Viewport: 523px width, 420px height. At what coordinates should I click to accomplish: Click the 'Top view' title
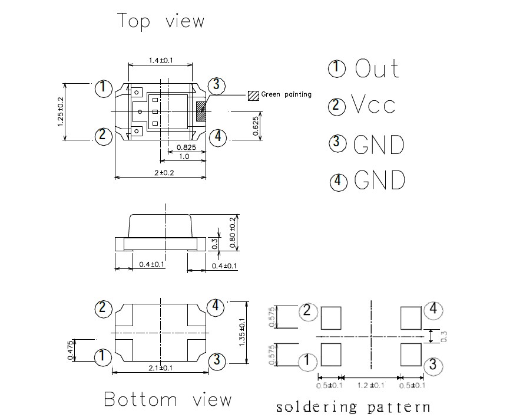pos(161,21)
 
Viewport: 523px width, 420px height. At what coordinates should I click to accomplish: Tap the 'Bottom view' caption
pos(168,399)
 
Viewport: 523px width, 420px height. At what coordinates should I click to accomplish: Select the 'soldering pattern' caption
pos(353,406)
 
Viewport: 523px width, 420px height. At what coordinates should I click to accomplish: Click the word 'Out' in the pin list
pos(377,69)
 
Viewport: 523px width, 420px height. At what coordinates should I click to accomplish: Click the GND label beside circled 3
pos(379,144)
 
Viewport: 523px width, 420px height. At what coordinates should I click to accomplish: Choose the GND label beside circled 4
pos(380,180)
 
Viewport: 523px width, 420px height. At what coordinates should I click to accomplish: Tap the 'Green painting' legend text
pos(286,94)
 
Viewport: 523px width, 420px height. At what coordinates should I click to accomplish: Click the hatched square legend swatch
pos(253,94)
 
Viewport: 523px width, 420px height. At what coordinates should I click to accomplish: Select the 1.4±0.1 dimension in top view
pos(161,60)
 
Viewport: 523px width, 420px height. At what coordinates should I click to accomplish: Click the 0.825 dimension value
pos(186,147)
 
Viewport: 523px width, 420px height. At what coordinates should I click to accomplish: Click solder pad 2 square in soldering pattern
pos(332,318)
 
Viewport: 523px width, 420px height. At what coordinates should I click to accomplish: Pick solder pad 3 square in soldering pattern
pos(411,354)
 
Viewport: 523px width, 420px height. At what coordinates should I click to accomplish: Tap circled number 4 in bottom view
pos(216,307)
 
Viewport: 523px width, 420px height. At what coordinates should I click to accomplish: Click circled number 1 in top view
pos(103,88)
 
